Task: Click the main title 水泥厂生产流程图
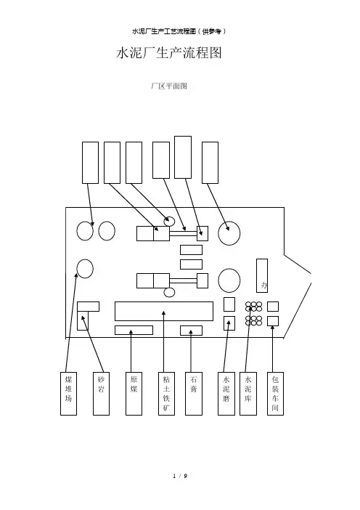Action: pyautogui.click(x=169, y=53)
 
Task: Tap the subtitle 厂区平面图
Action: pyautogui.click(x=169, y=86)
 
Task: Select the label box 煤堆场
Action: pyautogui.click(x=68, y=394)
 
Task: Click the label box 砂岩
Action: pyautogui.click(x=101, y=394)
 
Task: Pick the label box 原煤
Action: pyautogui.click(x=134, y=394)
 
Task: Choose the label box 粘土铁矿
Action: pyautogui.click(x=166, y=394)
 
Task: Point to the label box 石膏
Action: pyautogui.click(x=194, y=394)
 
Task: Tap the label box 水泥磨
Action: pyautogui.click(x=226, y=394)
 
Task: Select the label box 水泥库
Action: pyautogui.click(x=248, y=394)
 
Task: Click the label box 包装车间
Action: pyautogui.click(x=276, y=394)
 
